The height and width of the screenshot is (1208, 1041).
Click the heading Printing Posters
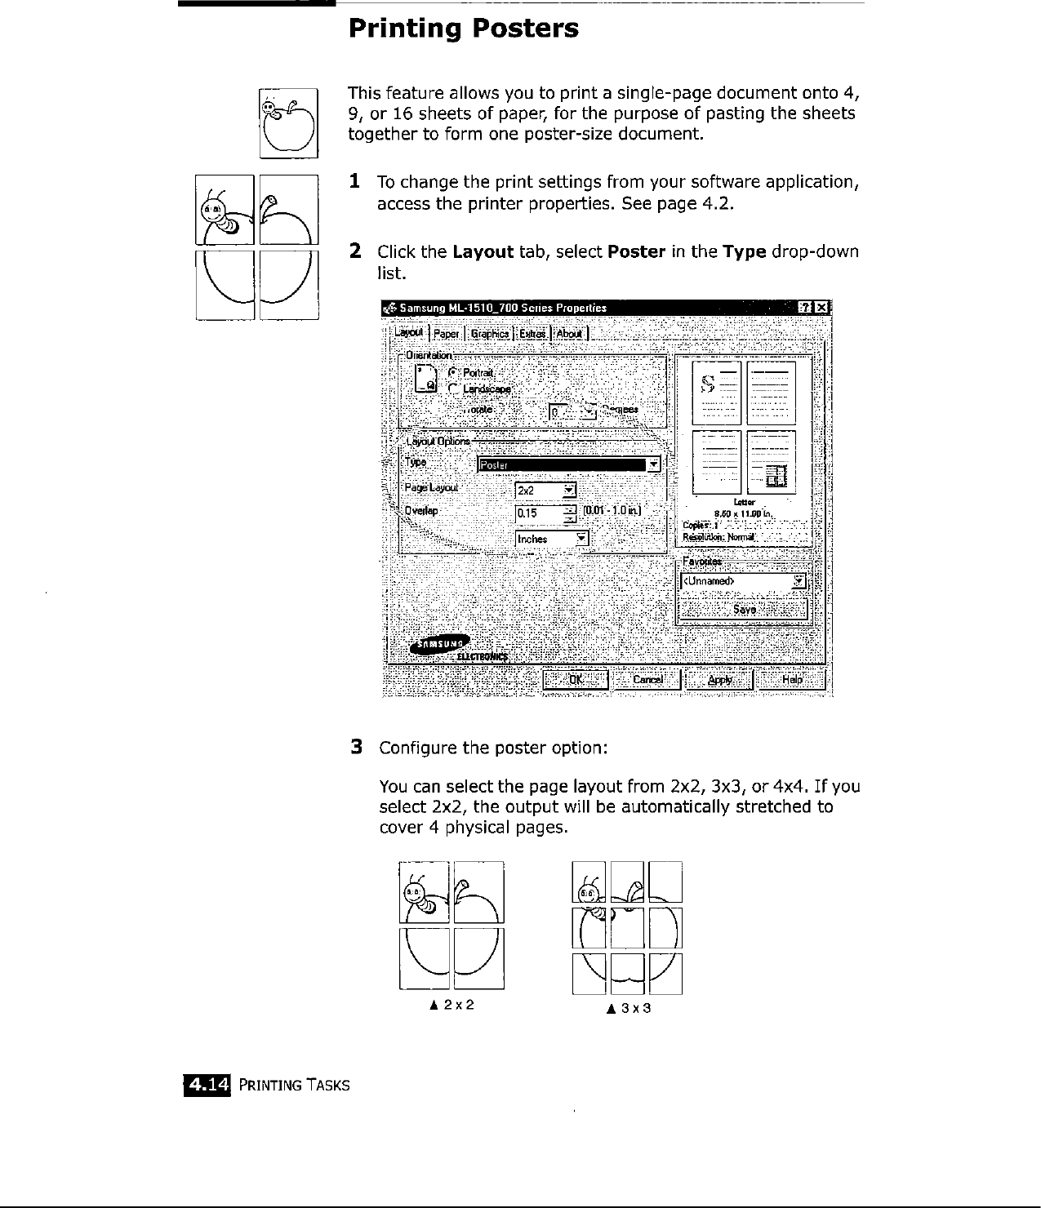[x=463, y=29]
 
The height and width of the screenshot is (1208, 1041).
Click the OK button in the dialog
[x=576, y=679]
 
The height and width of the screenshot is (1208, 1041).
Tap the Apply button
[x=719, y=679]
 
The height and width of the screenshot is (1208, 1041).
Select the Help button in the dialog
[x=792, y=679]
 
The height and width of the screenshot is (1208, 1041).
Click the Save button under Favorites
[x=744, y=609]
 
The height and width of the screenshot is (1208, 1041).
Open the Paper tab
[x=447, y=333]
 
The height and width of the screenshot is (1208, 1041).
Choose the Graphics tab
[x=490, y=333]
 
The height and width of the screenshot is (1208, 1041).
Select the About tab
[x=570, y=333]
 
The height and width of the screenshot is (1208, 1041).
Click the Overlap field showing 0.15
[x=539, y=513]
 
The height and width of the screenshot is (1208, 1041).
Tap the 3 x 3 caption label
[x=628, y=1008]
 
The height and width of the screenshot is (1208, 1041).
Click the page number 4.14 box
[x=207, y=1084]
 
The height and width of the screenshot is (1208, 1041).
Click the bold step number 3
[x=356, y=747]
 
